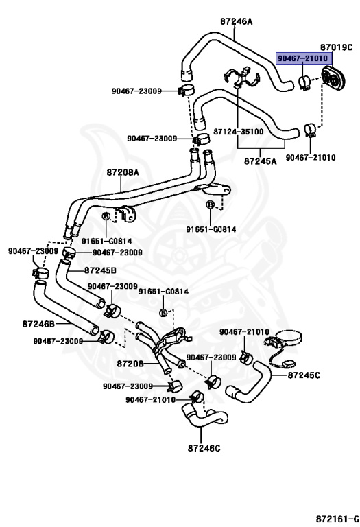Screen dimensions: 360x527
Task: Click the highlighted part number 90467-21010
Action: tap(302, 58)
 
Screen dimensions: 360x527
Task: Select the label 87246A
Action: tap(236, 21)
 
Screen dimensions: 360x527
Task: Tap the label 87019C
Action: tap(336, 47)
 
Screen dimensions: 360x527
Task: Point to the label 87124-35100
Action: tap(239, 131)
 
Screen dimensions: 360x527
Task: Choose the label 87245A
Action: tap(261, 161)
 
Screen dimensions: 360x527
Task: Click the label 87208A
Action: tap(123, 172)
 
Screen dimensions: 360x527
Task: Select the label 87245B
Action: tap(100, 270)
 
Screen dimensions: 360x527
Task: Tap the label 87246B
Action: tap(38, 324)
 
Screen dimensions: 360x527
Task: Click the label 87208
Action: tap(130, 363)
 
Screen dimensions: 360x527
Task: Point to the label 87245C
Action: tap(304, 375)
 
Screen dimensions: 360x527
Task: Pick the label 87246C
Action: tap(204, 448)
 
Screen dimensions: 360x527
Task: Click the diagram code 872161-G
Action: tap(337, 518)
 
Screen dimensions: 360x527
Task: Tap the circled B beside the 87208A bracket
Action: tap(106, 216)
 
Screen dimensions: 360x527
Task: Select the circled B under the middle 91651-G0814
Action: tap(163, 313)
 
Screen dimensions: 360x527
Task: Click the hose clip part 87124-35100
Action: tap(241, 78)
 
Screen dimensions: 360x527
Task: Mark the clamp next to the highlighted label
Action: tap(304, 82)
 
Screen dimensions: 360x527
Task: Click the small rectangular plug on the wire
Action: tap(288, 363)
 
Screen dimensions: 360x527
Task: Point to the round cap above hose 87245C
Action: tap(289, 337)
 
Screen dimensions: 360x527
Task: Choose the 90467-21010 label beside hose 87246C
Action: tap(150, 399)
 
